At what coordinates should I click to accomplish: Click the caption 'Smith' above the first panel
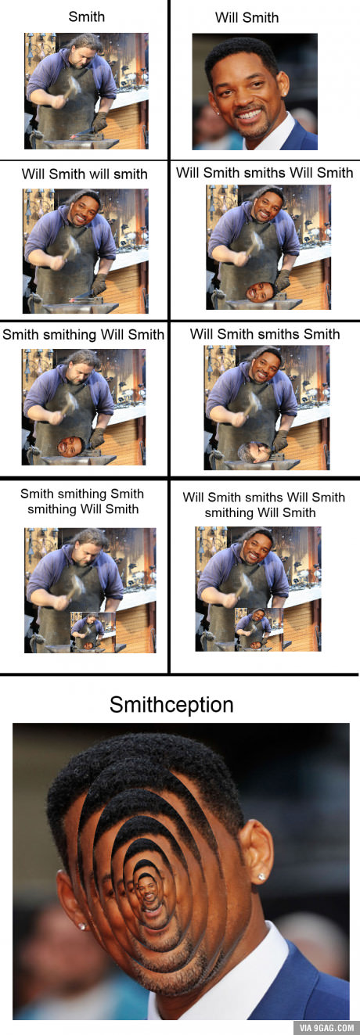click(86, 16)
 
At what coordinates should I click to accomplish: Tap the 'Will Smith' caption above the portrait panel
click(247, 17)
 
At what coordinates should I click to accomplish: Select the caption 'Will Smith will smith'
click(85, 174)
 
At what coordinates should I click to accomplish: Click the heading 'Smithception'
click(171, 705)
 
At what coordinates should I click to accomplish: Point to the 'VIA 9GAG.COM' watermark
click(326, 1027)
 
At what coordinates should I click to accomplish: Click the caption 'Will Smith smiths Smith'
click(265, 334)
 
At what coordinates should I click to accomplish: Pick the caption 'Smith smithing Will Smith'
click(83, 335)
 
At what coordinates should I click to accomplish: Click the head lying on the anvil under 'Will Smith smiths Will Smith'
click(260, 291)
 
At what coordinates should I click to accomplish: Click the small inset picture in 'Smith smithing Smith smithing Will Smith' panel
click(93, 632)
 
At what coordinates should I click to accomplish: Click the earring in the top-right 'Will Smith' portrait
click(285, 93)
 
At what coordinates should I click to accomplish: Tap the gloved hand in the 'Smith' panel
click(99, 121)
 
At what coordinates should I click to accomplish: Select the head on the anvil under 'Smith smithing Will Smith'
click(70, 447)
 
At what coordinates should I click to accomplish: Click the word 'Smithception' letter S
click(117, 705)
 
